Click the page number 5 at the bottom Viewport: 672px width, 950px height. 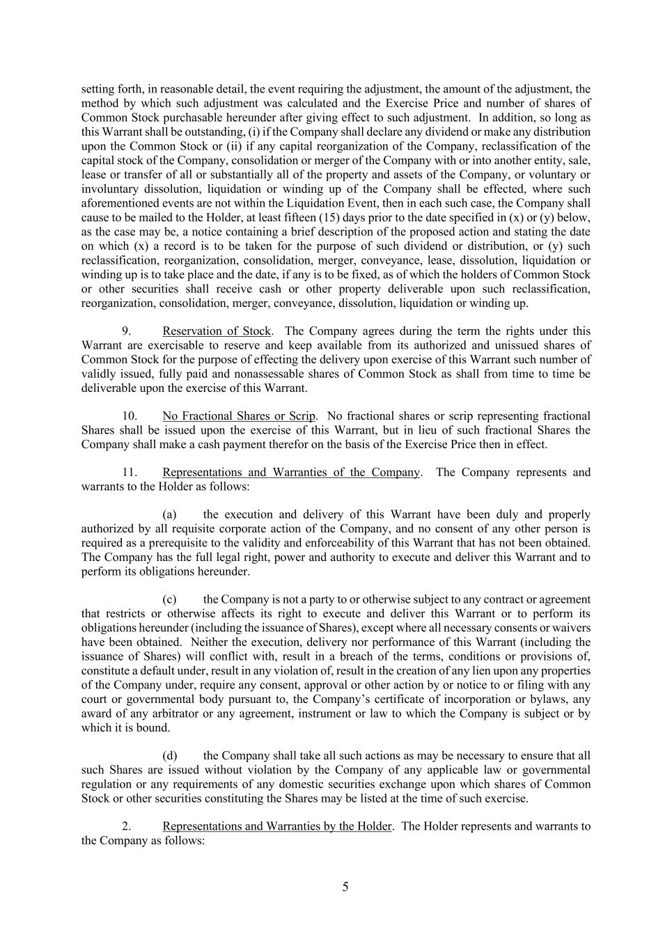pos(345,887)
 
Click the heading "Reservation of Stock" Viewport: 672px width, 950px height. pos(217,331)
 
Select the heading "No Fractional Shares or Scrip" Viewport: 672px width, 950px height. pos(239,416)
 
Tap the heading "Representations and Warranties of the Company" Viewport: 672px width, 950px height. pos(291,473)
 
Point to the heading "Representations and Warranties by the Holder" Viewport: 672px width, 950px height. pos(277,827)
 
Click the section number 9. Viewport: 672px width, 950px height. pos(127,331)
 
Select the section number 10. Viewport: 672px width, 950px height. pos(130,416)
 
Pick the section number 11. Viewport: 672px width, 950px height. pos(130,473)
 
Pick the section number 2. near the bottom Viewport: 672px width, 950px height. pos(127,827)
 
